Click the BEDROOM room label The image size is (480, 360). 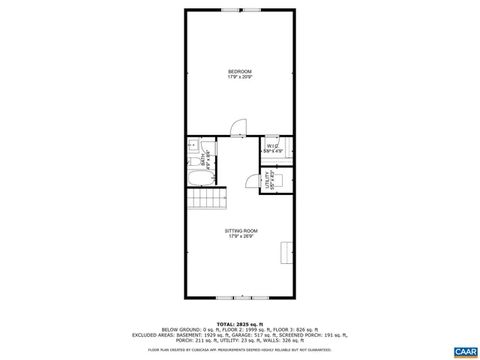239,71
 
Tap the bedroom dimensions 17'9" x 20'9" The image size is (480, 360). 239,76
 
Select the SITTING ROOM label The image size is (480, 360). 239,231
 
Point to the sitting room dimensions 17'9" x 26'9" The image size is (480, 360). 239,236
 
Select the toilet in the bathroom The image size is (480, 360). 193,160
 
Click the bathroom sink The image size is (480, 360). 192,145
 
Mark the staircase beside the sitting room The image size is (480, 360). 208,199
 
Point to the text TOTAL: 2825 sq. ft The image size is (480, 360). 239,323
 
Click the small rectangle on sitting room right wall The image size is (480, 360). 286,253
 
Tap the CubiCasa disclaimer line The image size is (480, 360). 239,349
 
